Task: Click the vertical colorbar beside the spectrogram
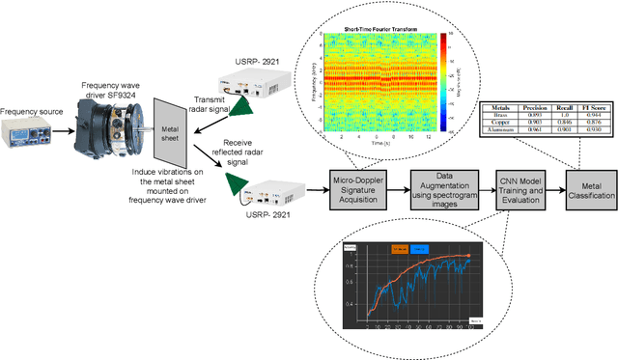[443, 83]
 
